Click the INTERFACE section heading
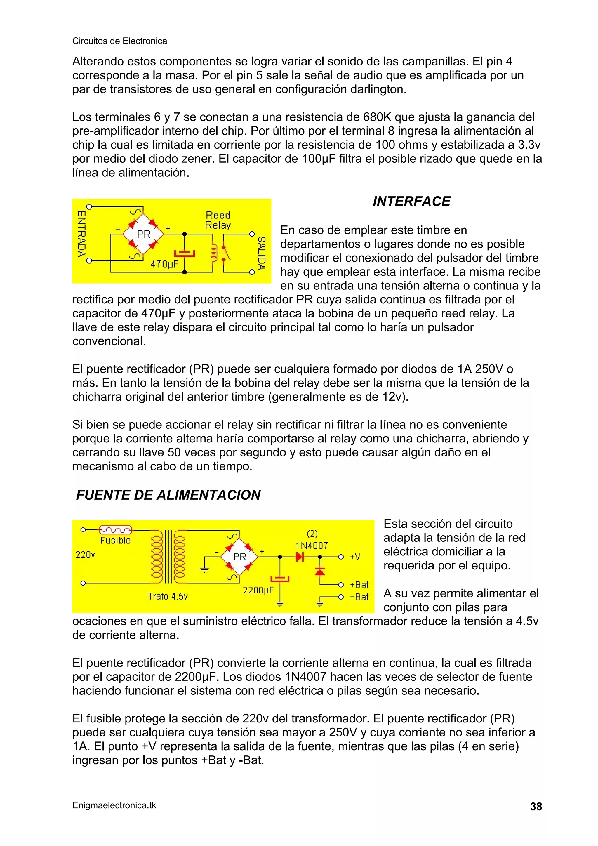pyautogui.click(x=411, y=201)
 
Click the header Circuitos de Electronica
pyautogui.click(x=119, y=41)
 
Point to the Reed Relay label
pyautogui.click(x=218, y=220)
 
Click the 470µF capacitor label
pyautogui.click(x=164, y=264)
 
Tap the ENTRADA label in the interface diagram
pyautogui.click(x=81, y=234)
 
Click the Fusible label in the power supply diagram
pyautogui.click(x=115, y=540)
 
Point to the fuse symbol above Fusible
pyautogui.click(x=115, y=530)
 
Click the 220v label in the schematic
pyautogui.click(x=85, y=555)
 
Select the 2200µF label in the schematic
pyautogui.click(x=258, y=590)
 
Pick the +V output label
pyautogui.click(x=355, y=557)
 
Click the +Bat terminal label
pyautogui.click(x=359, y=585)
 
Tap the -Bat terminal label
pyautogui.click(x=359, y=597)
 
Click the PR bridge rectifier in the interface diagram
pyautogui.click(x=143, y=234)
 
